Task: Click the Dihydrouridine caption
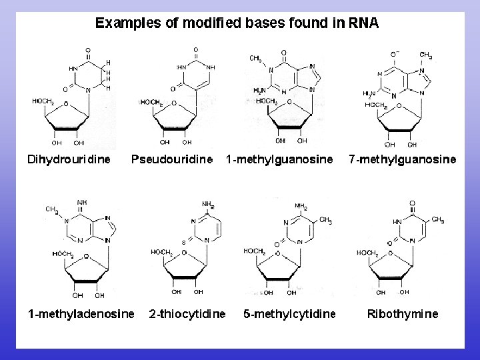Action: (68, 159)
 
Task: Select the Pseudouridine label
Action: (172, 159)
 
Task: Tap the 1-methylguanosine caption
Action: (279, 159)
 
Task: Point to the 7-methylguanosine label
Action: (403, 159)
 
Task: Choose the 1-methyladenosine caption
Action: (81, 313)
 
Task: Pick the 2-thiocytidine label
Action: (187, 313)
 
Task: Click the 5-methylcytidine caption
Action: (289, 313)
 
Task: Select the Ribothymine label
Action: (403, 313)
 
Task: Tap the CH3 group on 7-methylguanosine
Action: (426, 56)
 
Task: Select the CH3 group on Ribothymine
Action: (437, 220)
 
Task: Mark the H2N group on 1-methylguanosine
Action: (261, 90)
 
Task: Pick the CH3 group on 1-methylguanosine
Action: (255, 59)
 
